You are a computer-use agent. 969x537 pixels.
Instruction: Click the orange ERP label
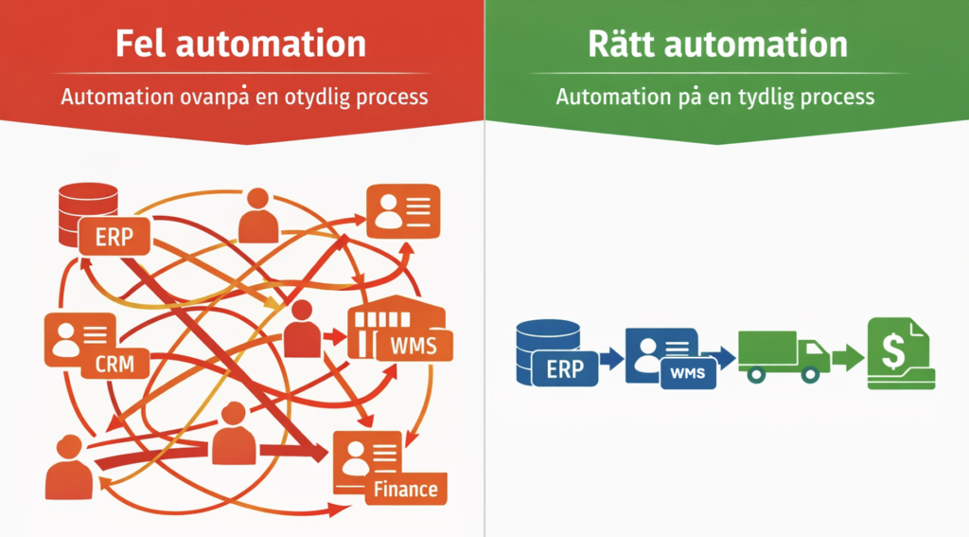pos(115,237)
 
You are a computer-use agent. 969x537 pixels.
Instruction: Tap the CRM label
pos(115,362)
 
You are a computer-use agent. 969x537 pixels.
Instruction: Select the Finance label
pos(405,489)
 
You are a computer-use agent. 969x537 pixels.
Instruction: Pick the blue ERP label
pos(565,369)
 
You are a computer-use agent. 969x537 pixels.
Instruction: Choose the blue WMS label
pos(687,372)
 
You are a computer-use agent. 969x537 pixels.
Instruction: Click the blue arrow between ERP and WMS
pos(611,358)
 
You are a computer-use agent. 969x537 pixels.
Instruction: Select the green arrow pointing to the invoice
pos(848,358)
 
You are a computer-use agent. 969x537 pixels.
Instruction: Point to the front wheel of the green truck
pos(810,374)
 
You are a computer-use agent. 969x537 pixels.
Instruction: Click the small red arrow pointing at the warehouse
pos(334,334)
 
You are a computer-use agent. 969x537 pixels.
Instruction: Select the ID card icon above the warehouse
pos(403,211)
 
